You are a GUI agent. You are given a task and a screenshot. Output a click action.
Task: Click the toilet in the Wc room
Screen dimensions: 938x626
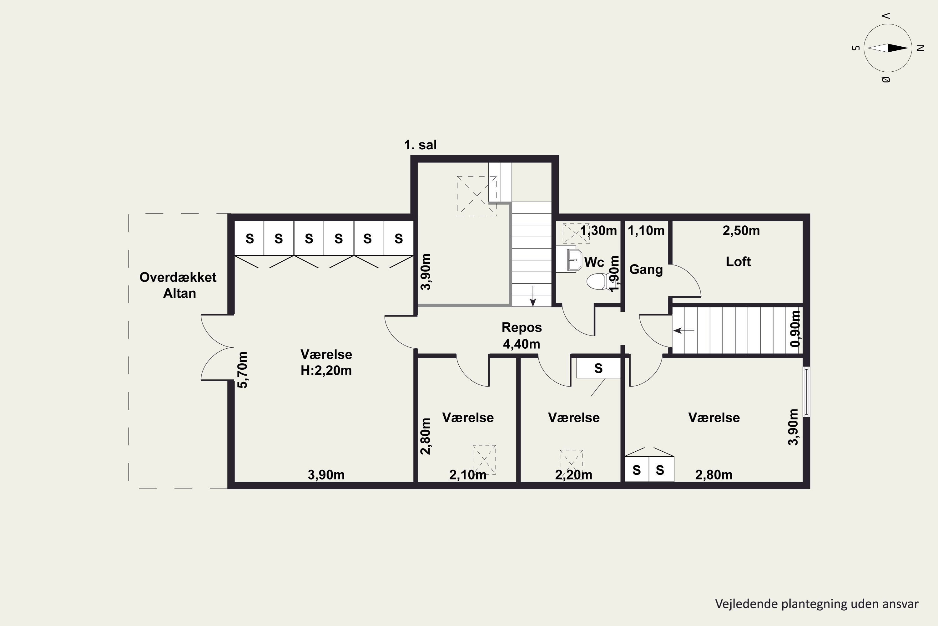click(597, 281)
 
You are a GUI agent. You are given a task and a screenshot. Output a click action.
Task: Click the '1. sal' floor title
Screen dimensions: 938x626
click(420, 145)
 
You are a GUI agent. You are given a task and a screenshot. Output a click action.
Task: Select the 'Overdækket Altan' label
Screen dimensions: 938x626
click(178, 285)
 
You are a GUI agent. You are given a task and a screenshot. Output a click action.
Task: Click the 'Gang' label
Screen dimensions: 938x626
click(646, 270)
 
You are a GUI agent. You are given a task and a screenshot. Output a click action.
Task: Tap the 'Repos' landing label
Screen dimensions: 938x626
click(522, 327)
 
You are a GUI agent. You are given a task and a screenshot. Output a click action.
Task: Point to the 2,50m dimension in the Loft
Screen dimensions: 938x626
click(741, 231)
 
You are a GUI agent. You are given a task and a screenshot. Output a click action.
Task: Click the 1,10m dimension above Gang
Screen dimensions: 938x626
click(646, 231)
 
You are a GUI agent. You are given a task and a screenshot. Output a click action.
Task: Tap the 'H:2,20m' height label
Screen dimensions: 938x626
click(326, 371)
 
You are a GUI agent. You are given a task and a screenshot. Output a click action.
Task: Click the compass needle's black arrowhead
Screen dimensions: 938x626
click(898, 48)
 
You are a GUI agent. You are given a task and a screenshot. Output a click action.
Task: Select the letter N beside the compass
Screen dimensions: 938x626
click(920, 48)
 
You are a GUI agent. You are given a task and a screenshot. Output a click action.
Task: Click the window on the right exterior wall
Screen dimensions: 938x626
click(806, 392)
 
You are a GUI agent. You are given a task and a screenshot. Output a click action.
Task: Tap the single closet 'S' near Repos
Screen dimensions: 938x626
click(598, 368)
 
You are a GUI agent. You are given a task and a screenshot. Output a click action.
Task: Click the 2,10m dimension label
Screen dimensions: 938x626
click(467, 475)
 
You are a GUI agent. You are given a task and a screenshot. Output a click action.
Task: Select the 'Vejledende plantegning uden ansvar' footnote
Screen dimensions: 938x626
click(817, 604)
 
